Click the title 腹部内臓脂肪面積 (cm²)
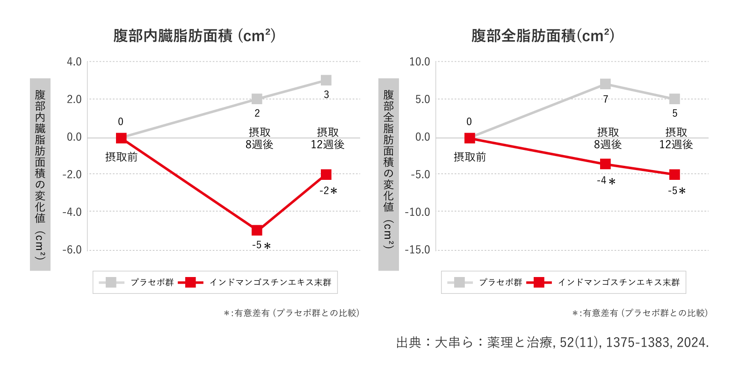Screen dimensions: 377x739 click(x=194, y=36)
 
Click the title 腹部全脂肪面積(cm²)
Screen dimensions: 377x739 click(x=543, y=36)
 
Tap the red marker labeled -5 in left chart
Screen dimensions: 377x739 click(x=257, y=230)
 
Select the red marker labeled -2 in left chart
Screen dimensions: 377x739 click(x=326, y=175)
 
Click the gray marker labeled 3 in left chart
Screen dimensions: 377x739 click(x=326, y=80)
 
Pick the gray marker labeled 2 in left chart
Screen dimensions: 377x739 click(x=257, y=99)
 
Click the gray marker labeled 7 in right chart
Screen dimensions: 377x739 click(x=605, y=84)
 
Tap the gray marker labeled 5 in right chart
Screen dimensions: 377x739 click(x=674, y=99)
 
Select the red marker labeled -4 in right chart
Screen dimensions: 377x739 click(x=605, y=164)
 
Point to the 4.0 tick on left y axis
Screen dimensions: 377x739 click(x=74, y=62)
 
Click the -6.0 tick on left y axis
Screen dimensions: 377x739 click(x=72, y=250)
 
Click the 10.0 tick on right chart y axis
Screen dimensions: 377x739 click(x=420, y=62)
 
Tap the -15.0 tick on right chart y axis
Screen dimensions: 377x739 click(x=418, y=250)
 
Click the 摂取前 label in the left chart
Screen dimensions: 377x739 click(x=121, y=157)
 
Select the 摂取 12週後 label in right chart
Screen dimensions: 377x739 click(x=676, y=139)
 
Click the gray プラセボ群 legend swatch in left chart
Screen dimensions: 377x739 click(x=111, y=282)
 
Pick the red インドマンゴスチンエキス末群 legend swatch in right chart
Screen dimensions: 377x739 click(x=539, y=282)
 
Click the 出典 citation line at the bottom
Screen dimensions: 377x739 click(x=552, y=342)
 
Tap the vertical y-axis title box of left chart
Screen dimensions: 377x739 click(x=40, y=174)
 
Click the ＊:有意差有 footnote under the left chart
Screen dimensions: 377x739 click(x=291, y=313)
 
